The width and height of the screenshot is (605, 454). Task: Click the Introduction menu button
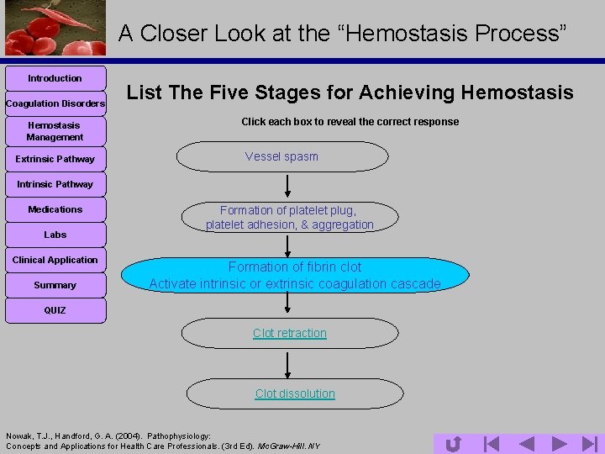coord(55,78)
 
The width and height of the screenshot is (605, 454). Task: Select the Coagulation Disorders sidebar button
coord(55,103)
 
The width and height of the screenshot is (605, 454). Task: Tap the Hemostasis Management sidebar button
coord(55,131)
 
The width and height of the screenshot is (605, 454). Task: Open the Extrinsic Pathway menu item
coord(55,159)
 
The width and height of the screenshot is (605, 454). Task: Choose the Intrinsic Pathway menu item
coord(55,184)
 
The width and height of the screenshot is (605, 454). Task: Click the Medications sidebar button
coord(55,209)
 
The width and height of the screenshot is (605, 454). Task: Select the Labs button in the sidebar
coord(55,235)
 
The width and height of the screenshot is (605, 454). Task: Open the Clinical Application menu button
coord(55,260)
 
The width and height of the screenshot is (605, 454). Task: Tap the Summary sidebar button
coord(55,285)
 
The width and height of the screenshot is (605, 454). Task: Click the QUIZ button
coord(55,310)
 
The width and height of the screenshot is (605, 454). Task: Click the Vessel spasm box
coord(282,156)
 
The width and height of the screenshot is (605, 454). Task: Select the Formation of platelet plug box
coord(290,217)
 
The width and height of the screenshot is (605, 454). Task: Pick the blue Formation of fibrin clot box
coord(295,276)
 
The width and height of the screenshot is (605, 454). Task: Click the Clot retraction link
coord(290,333)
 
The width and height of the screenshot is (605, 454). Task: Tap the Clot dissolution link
coord(295,393)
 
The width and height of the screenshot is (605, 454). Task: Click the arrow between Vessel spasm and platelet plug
coord(288,186)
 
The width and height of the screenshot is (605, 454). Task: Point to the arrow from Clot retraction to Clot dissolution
coord(288,363)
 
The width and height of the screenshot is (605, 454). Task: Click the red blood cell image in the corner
coord(55,28)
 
